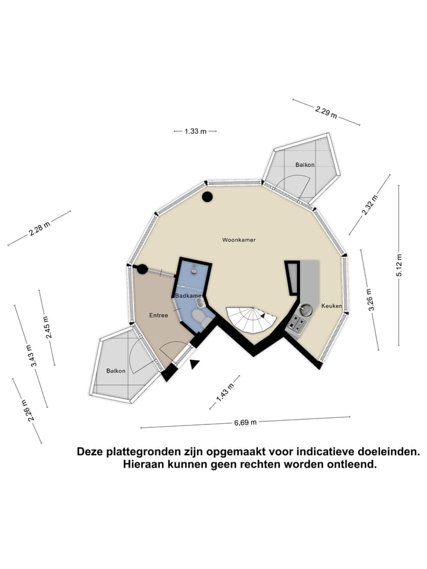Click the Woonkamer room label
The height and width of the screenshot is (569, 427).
click(239, 240)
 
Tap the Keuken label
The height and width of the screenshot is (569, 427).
click(332, 306)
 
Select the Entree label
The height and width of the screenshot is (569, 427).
click(159, 315)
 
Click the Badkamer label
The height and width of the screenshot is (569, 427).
click(189, 296)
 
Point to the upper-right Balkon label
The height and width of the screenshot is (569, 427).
click(305, 165)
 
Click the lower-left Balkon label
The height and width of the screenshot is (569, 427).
click(116, 371)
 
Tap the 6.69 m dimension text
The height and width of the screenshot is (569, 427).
click(246, 423)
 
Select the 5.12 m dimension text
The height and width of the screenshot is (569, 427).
click(399, 266)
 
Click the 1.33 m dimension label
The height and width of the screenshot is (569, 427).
click(195, 132)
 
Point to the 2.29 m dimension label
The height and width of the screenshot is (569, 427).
click(326, 112)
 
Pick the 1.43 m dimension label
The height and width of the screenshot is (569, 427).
click(225, 393)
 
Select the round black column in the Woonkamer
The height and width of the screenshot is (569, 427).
click(208, 197)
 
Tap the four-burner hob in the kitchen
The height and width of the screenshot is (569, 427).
click(297, 324)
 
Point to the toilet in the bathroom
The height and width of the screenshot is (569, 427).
click(200, 318)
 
